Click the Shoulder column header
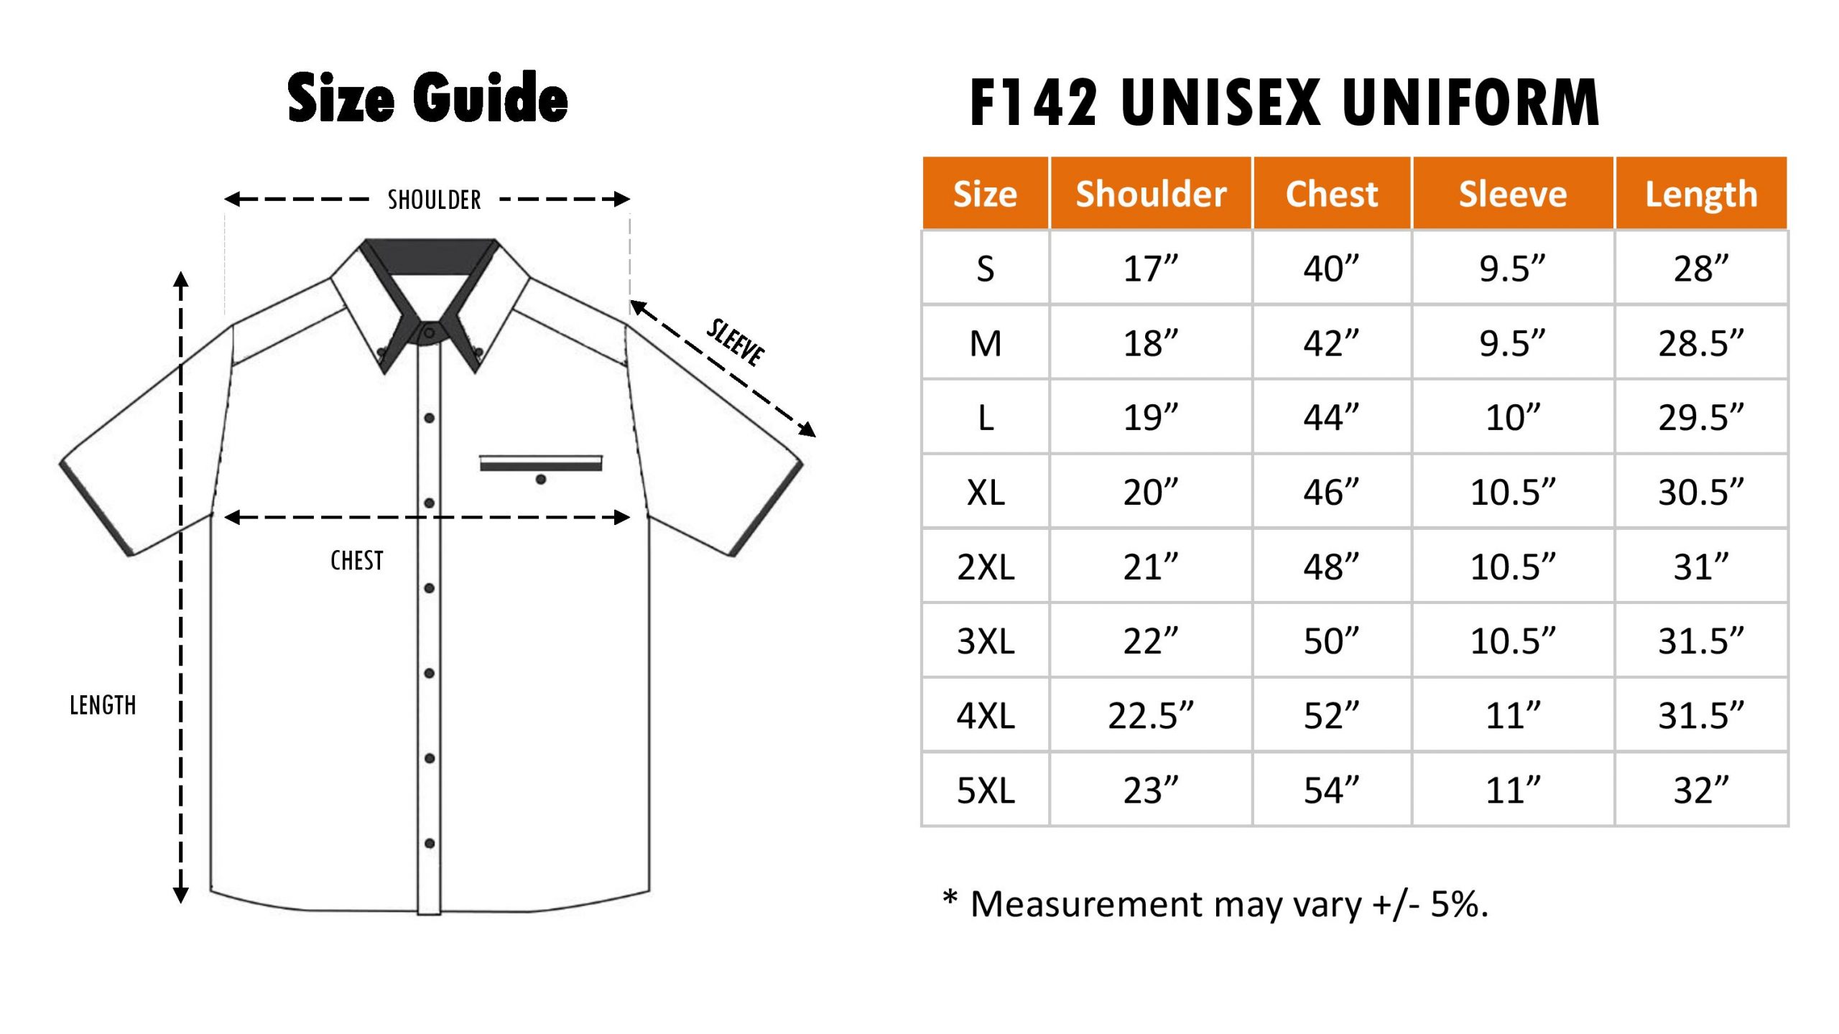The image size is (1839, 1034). (x=1151, y=194)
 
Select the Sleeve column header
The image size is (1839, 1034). (x=1513, y=194)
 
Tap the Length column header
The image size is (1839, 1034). (x=1701, y=195)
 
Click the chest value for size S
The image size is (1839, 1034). (x=1331, y=269)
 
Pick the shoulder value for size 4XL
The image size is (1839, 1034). (x=1151, y=715)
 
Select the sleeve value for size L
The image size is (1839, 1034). (x=1513, y=417)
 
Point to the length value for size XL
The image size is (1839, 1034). (x=1701, y=492)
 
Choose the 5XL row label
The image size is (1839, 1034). (x=986, y=790)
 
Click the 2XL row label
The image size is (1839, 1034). (x=986, y=567)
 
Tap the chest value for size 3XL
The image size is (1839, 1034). (x=1331, y=641)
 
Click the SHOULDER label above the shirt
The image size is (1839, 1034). (x=434, y=200)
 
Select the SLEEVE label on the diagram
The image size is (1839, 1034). (x=736, y=342)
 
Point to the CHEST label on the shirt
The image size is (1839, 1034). (x=356, y=560)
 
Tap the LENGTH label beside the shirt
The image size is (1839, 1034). (x=103, y=705)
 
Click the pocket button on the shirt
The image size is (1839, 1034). (x=541, y=480)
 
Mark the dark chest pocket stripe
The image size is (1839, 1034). (x=541, y=467)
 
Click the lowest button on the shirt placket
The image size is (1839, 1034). (x=430, y=843)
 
